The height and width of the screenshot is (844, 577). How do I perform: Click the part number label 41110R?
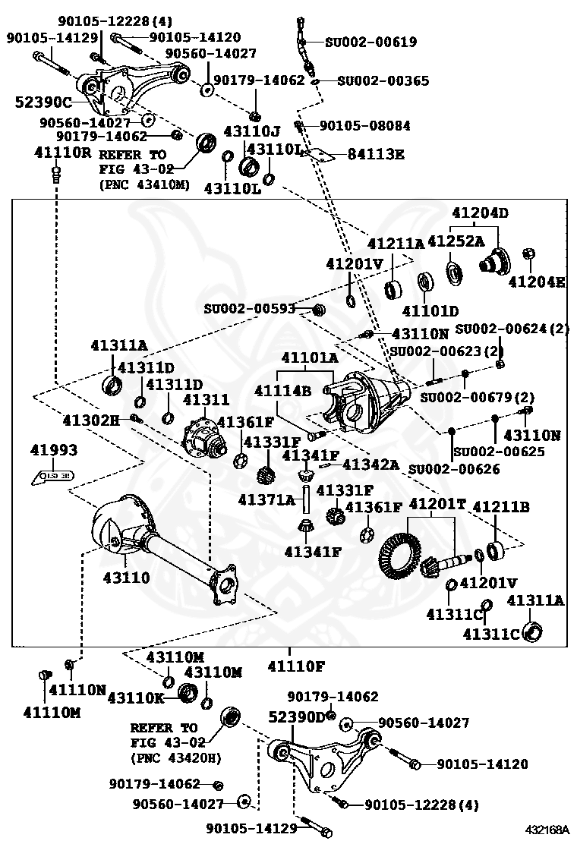(x=62, y=153)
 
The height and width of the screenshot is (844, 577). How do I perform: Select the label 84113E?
(x=376, y=155)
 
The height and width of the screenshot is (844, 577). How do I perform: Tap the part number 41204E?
(x=537, y=282)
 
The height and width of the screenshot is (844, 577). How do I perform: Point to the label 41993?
(x=54, y=451)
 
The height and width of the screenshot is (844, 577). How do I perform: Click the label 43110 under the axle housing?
(x=127, y=578)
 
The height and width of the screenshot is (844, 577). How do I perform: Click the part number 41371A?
(x=266, y=500)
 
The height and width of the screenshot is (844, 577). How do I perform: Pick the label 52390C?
(x=43, y=102)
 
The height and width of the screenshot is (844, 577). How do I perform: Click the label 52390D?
(x=297, y=716)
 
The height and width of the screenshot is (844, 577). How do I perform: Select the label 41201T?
(x=437, y=504)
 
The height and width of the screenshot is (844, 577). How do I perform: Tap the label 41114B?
(x=283, y=391)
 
